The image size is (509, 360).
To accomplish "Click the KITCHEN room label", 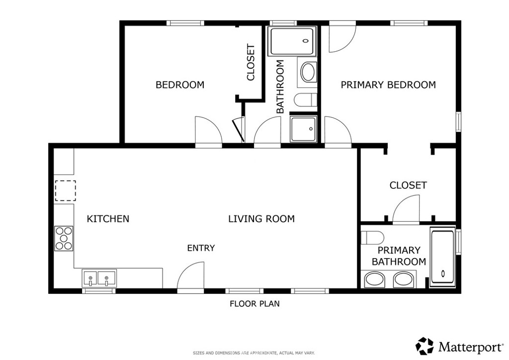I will (108, 219).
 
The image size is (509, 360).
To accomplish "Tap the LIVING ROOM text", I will (261, 219).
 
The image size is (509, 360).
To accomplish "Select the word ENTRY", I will (201, 248).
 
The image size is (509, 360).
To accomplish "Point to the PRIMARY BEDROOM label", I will (388, 85).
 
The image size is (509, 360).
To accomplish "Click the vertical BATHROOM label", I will (280, 87).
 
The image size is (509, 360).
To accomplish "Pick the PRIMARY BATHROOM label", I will (399, 256).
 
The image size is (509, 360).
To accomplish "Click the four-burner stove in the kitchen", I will (64, 238).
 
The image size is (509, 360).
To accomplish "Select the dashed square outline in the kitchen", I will (65, 190).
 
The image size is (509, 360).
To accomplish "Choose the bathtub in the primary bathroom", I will (442, 258).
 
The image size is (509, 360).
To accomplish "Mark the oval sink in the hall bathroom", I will (308, 72).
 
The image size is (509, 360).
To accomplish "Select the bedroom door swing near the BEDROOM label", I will (207, 132).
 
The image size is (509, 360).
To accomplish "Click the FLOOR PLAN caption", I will (254, 304).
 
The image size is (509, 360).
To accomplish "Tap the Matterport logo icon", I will (424, 346).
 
